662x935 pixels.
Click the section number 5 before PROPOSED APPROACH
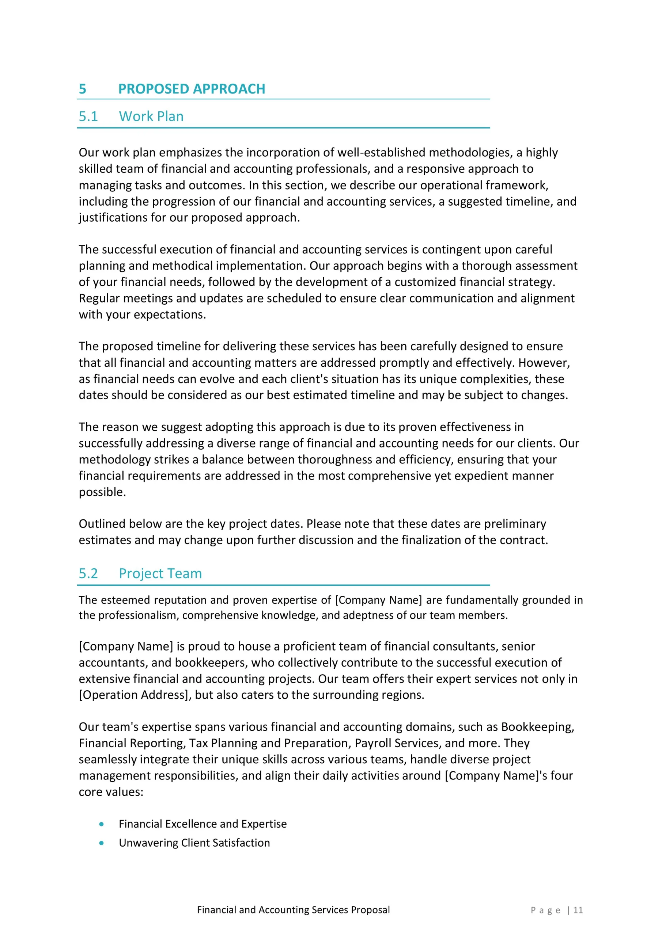(82, 89)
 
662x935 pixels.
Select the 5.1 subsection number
(88, 117)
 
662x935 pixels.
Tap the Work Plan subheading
(151, 117)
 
